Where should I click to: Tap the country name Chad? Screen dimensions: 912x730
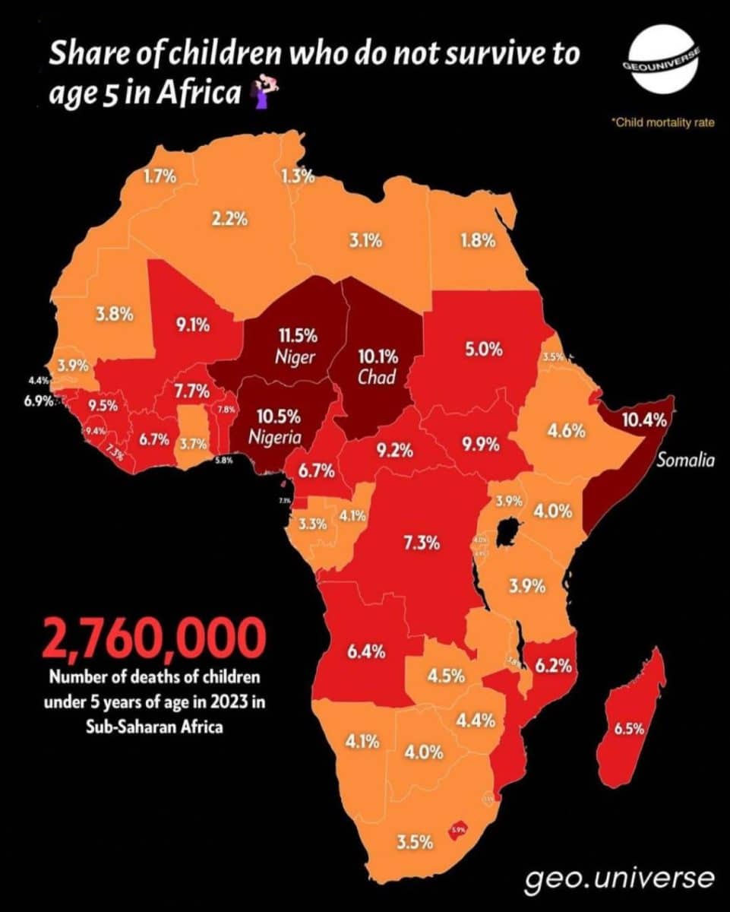pos(377,377)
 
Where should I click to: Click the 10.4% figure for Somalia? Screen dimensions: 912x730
pos(643,420)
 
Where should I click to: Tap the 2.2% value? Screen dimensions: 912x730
pos(230,219)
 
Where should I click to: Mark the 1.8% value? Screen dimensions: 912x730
pos(478,241)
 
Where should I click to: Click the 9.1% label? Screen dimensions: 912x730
pos(193,325)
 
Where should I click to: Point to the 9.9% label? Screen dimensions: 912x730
pos(480,445)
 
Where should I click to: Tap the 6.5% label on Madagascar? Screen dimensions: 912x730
pos(630,729)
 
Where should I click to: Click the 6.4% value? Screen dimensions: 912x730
pos(366,651)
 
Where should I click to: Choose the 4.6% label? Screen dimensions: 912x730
pos(567,431)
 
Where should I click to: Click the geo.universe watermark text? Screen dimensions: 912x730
pos(620,879)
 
